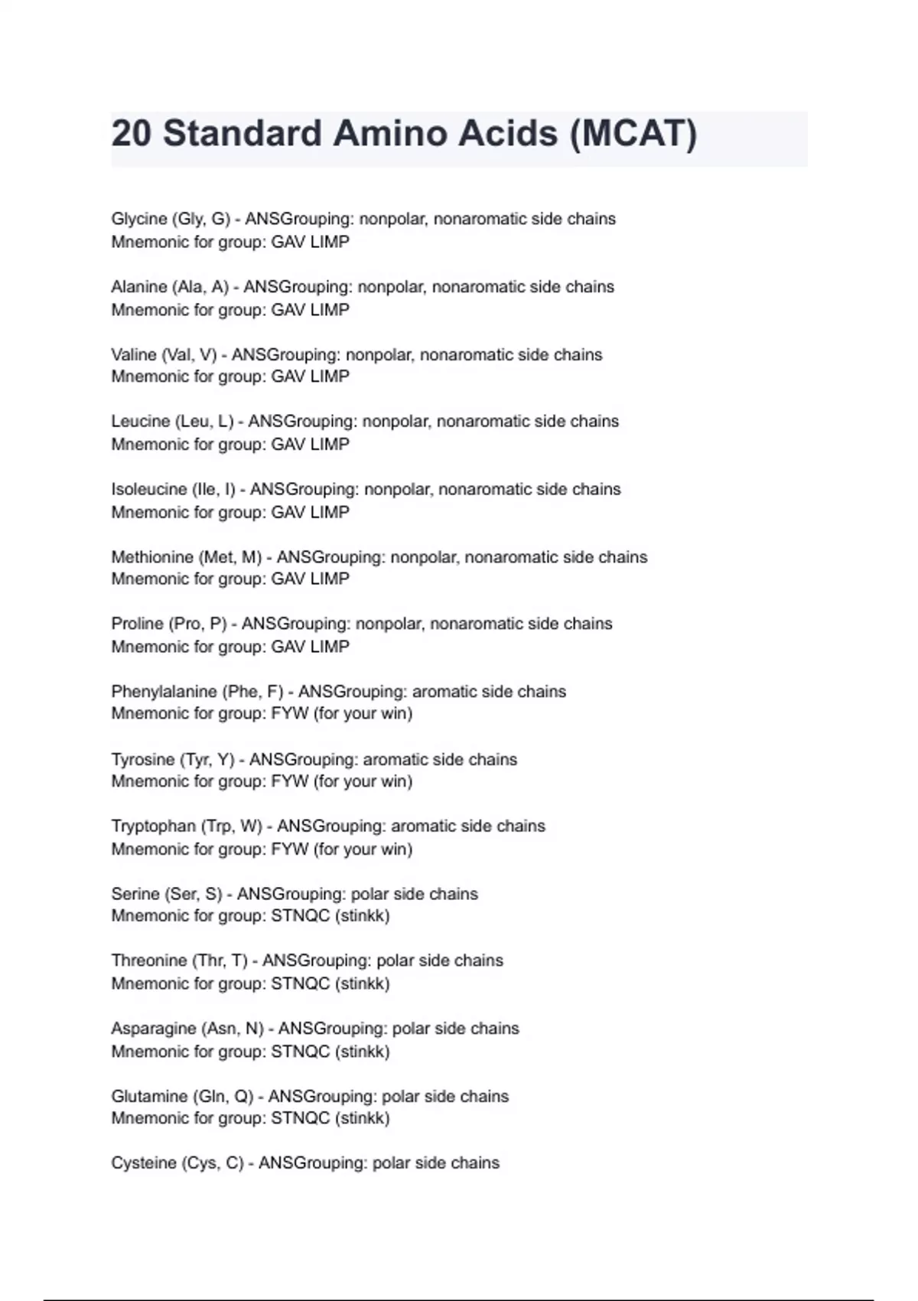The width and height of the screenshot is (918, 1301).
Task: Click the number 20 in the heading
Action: pos(132,134)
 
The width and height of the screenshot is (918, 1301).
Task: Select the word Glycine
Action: pos(139,219)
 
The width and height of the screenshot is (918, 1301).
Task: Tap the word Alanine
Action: pos(138,287)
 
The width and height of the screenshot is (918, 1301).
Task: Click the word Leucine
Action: pos(141,422)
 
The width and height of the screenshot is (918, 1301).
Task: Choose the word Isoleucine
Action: pos(149,489)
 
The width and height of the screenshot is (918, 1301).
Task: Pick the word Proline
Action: pos(137,624)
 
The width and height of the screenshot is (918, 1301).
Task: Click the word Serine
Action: pos(135,894)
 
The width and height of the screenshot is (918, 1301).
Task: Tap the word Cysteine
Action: pos(144,1163)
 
